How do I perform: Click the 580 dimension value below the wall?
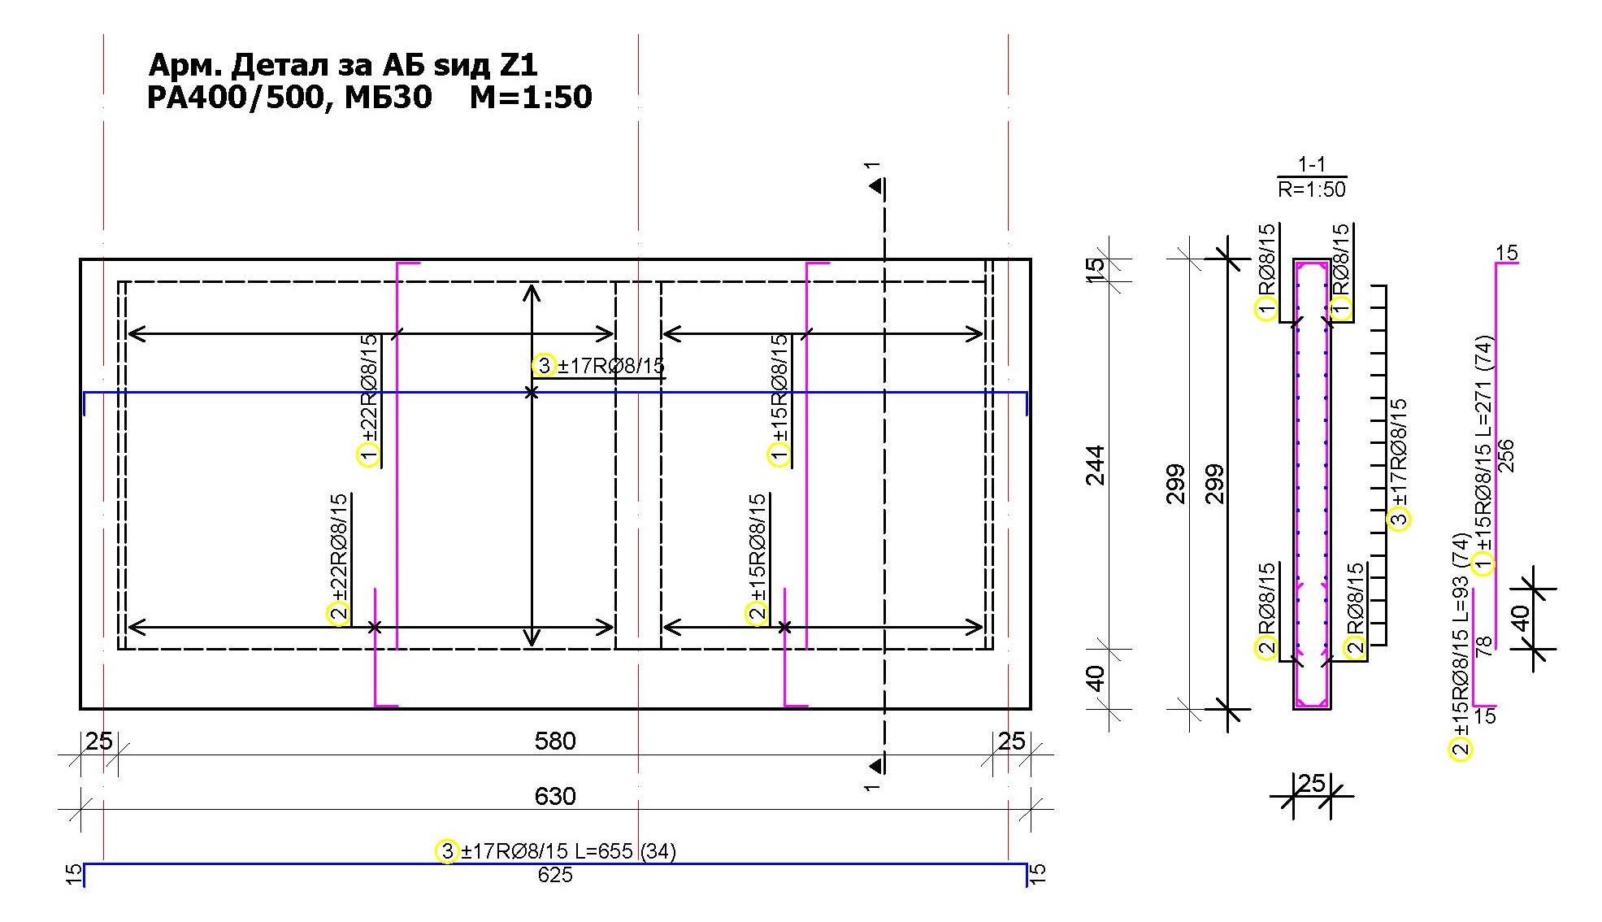pos(554,741)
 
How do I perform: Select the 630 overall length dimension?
pos(554,796)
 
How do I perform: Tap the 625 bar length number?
pos(554,876)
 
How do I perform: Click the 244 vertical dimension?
pos(1096,465)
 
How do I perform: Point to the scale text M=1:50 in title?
pos(531,98)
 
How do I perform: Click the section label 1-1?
pos(1311,165)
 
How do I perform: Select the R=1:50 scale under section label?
pos(1311,189)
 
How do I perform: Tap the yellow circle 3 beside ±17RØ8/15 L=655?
pos(447,851)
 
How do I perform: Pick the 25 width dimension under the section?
pos(1311,784)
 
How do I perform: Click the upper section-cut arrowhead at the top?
pos(875,187)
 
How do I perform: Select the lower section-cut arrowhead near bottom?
pos(875,766)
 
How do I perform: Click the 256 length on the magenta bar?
pos(1505,455)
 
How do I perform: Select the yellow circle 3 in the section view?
pos(1399,519)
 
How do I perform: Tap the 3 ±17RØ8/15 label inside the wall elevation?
pos(600,366)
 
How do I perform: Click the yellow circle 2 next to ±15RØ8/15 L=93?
pos(1461,749)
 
